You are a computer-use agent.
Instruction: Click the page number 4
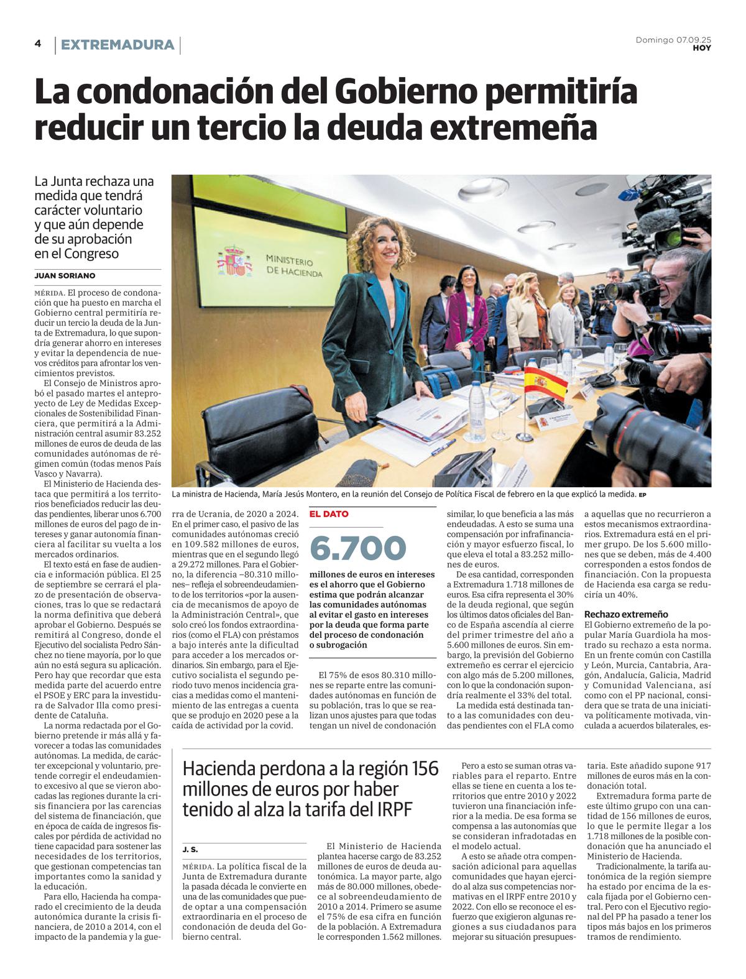coord(38,44)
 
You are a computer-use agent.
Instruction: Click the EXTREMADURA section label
coord(117,45)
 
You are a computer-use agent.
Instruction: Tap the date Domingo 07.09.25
coord(673,40)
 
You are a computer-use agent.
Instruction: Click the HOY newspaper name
coord(702,48)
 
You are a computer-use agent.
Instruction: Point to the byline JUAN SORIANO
coord(65,275)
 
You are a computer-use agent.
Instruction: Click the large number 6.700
coord(357,548)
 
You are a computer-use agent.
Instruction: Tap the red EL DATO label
coord(329,514)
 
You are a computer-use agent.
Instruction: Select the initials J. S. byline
coord(190,849)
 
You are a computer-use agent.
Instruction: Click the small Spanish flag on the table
coord(545,383)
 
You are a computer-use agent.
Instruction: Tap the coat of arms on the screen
coord(234,262)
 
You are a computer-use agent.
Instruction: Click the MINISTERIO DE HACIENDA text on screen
coord(293,265)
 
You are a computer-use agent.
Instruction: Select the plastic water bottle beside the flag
coord(477,410)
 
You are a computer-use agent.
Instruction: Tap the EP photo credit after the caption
coord(643,495)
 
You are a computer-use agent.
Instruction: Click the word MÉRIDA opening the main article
coord(49,293)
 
